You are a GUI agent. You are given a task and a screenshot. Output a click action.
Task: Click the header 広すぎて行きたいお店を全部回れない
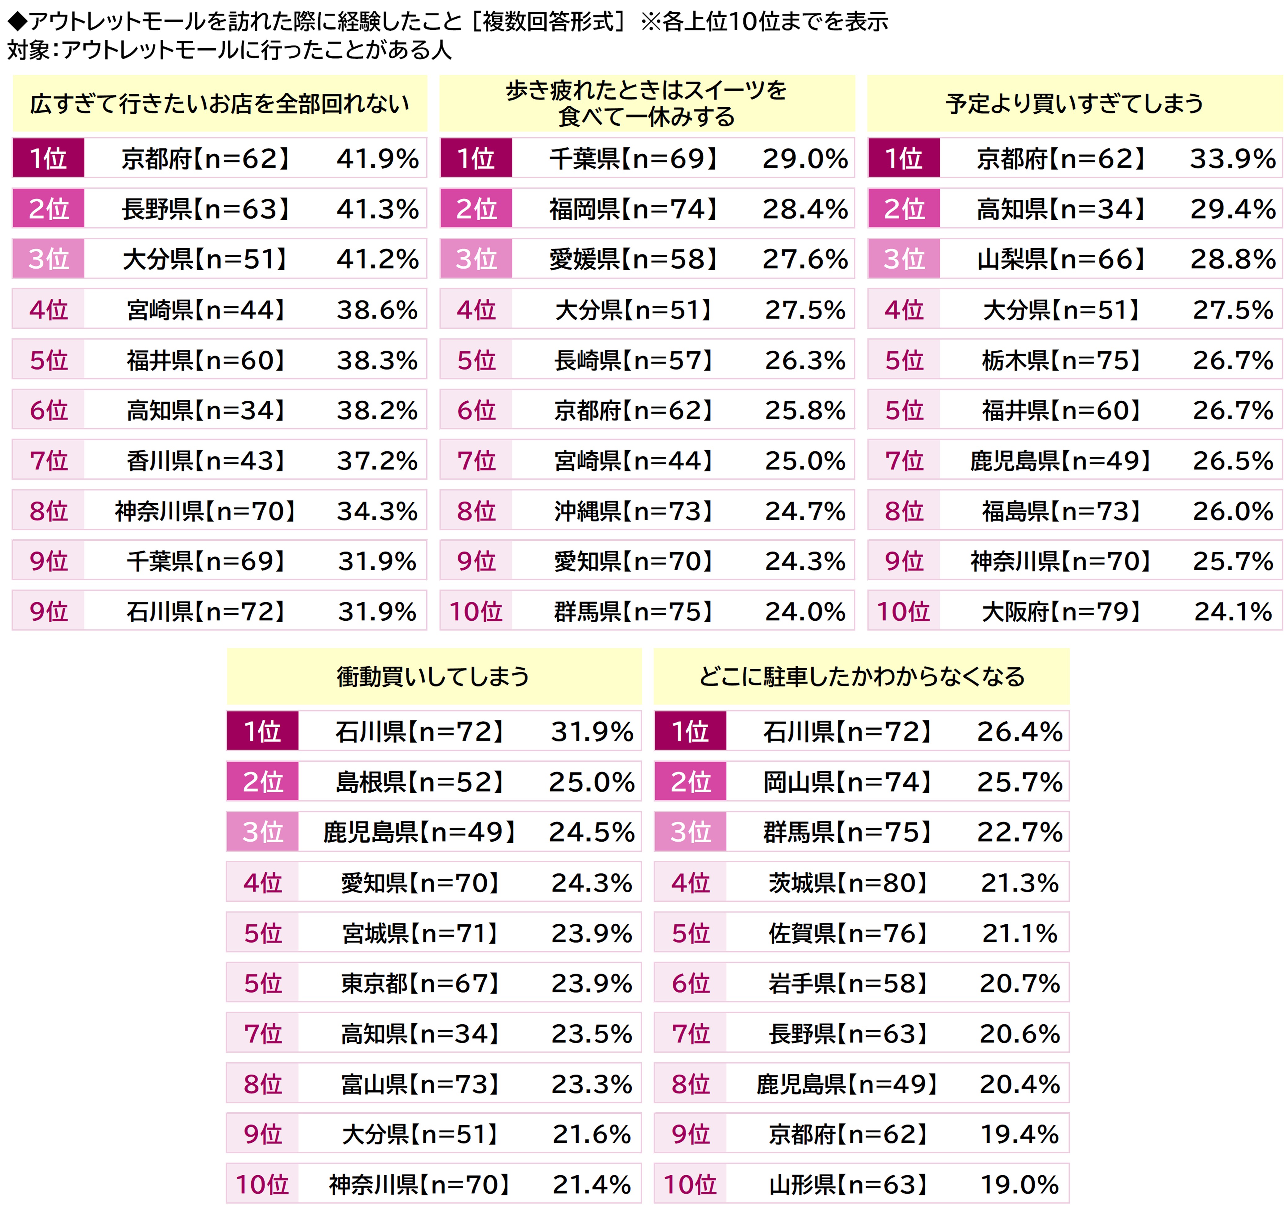pyautogui.click(x=220, y=103)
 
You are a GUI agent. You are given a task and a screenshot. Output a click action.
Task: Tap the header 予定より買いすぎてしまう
pyautogui.click(x=1074, y=103)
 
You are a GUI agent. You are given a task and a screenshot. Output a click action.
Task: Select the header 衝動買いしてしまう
pyautogui.click(x=433, y=677)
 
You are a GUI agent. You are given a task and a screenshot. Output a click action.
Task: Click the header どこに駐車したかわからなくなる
pyautogui.click(x=862, y=677)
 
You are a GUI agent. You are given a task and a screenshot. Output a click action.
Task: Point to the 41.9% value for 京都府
pyautogui.click(x=378, y=158)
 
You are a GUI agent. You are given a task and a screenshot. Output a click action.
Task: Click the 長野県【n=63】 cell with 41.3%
pyautogui.click(x=206, y=209)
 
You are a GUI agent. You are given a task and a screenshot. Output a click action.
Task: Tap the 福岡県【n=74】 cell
pyautogui.click(x=634, y=209)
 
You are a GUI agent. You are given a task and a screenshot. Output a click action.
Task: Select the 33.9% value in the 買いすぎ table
pyautogui.click(x=1233, y=158)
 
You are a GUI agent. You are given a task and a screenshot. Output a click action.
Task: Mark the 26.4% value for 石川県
pyautogui.click(x=1019, y=732)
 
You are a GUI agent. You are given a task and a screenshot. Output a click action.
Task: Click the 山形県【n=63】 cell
pyautogui.click(x=848, y=1185)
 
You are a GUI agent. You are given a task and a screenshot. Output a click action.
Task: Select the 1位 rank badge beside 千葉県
pyautogui.click(x=476, y=158)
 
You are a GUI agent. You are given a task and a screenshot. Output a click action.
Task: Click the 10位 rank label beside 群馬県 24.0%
pyautogui.click(x=476, y=611)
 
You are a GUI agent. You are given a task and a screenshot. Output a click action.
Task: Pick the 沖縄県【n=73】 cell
pyautogui.click(x=634, y=511)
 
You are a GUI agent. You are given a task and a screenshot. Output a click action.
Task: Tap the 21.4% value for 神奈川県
pyautogui.click(x=591, y=1185)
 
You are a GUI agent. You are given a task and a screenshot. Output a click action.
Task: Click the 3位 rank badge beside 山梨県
pyautogui.click(x=904, y=259)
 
